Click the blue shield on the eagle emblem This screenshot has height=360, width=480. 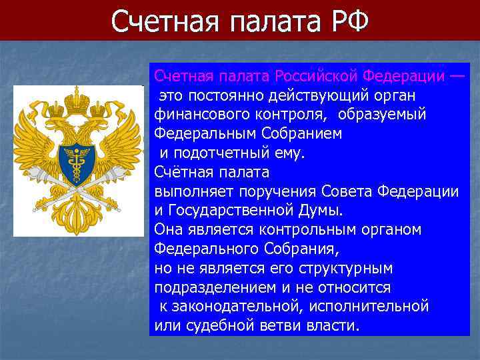coord(79,160)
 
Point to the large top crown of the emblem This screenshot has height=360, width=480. coord(79,100)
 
